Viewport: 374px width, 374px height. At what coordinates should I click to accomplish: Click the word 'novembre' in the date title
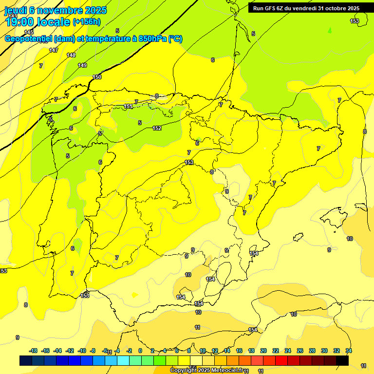pos(62,10)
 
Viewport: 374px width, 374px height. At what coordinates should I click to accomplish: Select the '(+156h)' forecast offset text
pos(86,22)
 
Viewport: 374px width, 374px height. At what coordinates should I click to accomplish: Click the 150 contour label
pos(97,77)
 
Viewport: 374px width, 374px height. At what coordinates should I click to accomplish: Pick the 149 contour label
pos(83,65)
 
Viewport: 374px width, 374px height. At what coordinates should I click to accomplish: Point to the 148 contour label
pos(71,55)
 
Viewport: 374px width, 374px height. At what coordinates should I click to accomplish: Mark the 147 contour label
pos(54,50)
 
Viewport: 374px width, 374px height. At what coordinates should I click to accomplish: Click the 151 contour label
pos(128,106)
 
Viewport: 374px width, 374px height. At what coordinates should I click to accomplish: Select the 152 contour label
pos(157,128)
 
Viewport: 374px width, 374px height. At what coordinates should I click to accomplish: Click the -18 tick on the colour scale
pos(34,351)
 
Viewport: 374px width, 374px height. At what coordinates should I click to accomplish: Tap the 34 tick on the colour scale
pos(349,351)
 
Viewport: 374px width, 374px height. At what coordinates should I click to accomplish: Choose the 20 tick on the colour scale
pos(263,351)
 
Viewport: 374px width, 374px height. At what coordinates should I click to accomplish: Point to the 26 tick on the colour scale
pos(300,351)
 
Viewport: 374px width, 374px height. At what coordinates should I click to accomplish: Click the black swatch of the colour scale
pos(342,360)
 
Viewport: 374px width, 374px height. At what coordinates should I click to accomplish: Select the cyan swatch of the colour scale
pos(123,360)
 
